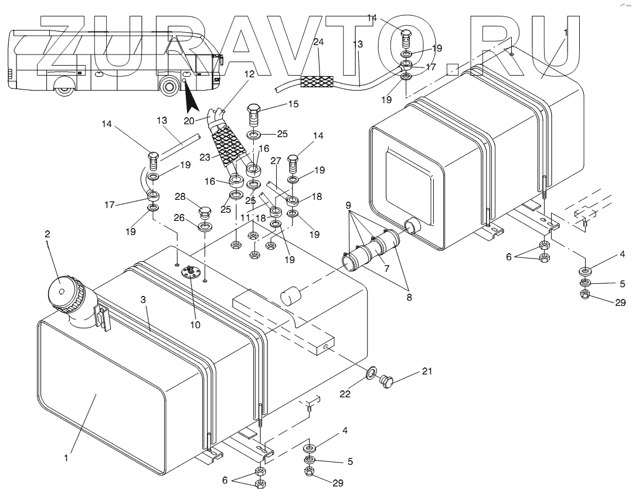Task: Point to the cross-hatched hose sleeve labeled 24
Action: (x=317, y=81)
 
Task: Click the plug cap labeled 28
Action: (x=205, y=211)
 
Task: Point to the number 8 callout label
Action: (x=409, y=297)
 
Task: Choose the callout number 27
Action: (x=276, y=160)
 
